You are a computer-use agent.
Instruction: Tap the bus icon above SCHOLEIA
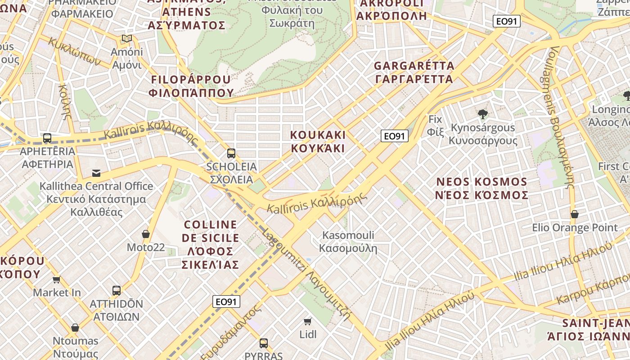coord(231,153)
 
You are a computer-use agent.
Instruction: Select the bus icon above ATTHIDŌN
coord(117,291)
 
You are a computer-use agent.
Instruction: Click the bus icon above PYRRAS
coord(264,343)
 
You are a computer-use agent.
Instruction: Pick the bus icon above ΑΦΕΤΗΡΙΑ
coord(47,138)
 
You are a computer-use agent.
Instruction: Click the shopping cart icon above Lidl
coord(308,321)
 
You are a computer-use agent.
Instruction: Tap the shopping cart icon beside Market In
coord(57,280)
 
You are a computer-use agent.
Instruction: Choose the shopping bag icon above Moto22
coord(146,234)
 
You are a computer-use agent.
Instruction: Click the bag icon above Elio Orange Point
coord(575,214)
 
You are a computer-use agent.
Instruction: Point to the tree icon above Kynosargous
coord(483,114)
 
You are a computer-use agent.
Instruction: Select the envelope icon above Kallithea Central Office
coord(96,173)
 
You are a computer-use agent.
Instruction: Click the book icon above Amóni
coord(127,39)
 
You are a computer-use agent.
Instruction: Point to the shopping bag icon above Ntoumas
coord(75,328)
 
